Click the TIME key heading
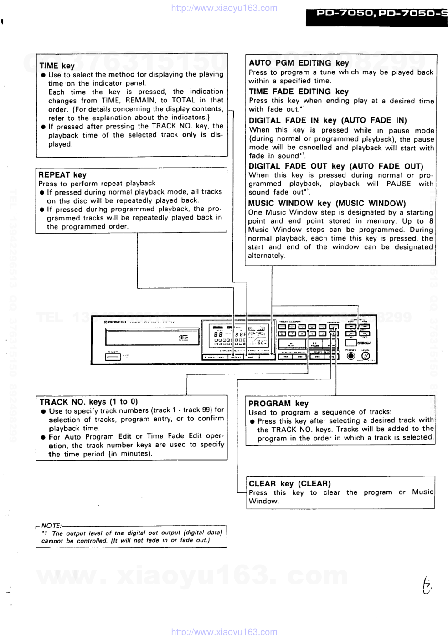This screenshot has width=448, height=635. [x=57, y=66]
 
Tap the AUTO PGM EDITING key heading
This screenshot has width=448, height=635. [x=299, y=63]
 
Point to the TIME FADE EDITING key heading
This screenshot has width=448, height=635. [x=299, y=92]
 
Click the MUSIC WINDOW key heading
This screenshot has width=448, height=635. [x=327, y=203]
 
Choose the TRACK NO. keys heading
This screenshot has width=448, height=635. [x=88, y=402]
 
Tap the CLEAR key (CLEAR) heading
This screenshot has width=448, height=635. [x=289, y=484]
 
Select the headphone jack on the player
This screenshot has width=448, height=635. [x=351, y=356]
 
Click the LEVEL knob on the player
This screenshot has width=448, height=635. [x=365, y=356]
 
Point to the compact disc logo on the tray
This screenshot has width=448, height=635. [x=182, y=338]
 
